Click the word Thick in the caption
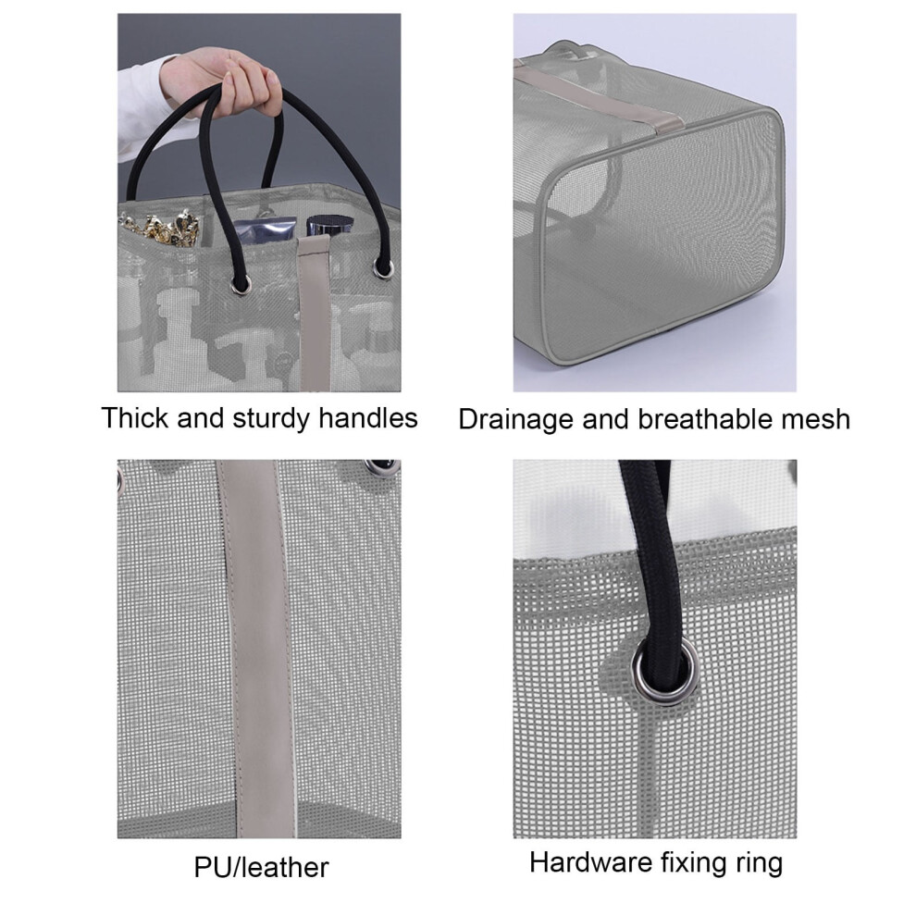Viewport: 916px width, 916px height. pyautogui.click(x=135, y=418)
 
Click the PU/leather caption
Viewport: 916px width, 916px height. pyautogui.click(x=261, y=868)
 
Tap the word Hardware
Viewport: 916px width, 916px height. pyautogui.click(x=590, y=863)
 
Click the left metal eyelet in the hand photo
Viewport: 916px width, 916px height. pyautogui.click(x=240, y=284)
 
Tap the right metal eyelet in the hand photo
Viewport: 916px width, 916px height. pyautogui.click(x=383, y=268)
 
